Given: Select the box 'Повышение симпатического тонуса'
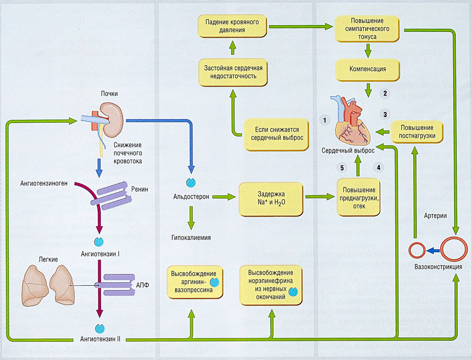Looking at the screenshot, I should tap(368, 29).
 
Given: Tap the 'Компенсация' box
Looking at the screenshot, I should tap(368, 69).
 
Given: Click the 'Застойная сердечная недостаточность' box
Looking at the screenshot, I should tap(232, 70).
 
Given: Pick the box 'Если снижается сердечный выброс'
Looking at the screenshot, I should tap(274, 133).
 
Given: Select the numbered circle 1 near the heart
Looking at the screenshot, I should tap(324, 120).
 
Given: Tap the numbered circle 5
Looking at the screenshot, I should tap(342, 167).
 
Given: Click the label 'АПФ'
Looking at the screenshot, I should tap(142, 285).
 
